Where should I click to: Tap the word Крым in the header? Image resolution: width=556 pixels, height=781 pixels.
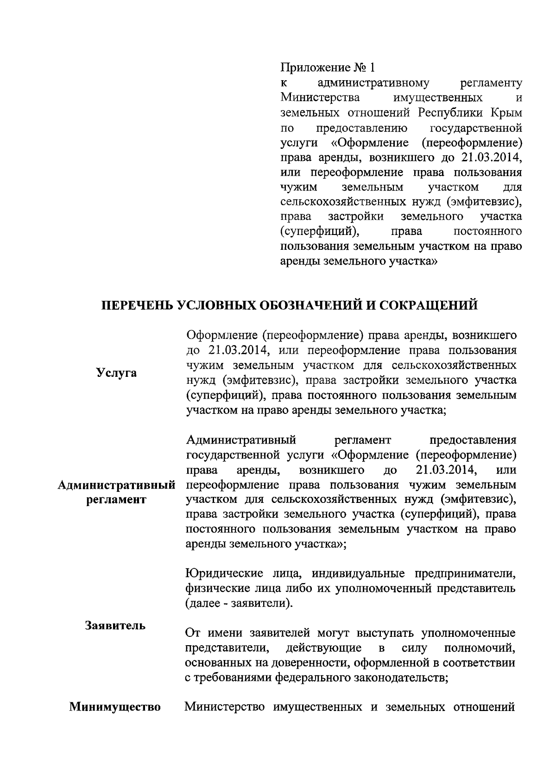pos(507,113)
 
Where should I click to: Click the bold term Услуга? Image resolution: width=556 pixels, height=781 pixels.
pos(116,373)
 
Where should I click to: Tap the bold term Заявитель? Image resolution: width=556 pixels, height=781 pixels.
pos(115,625)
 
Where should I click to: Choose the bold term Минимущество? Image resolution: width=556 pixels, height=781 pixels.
pos(115,707)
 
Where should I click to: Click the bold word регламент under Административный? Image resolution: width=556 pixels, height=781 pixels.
pos(116,500)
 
